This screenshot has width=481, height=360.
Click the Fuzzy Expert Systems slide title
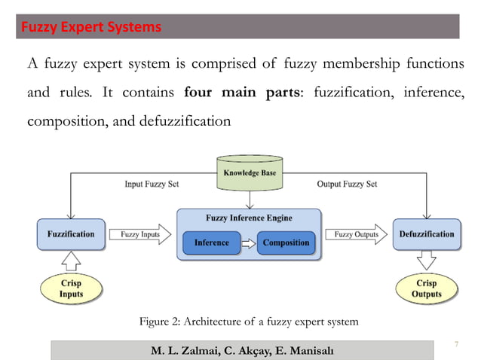click(x=90, y=28)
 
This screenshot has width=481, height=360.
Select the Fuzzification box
click(x=70, y=234)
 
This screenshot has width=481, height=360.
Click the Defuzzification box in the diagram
click(x=427, y=234)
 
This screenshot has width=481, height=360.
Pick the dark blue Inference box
click(x=211, y=243)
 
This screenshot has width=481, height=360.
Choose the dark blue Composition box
click(x=286, y=243)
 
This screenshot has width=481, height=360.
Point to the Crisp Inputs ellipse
click(x=71, y=288)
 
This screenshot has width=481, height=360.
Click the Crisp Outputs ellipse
click(x=427, y=288)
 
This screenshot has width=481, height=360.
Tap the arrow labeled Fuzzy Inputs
click(x=140, y=234)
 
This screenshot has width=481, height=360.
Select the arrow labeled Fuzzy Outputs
click(x=357, y=234)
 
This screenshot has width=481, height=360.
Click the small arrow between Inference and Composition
click(x=248, y=243)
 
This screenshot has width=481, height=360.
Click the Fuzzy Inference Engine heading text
click(x=249, y=218)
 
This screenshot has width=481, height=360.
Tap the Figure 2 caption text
click(x=249, y=322)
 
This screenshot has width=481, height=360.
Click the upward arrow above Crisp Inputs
click(x=70, y=261)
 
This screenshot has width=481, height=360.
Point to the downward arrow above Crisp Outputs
click(x=427, y=261)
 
